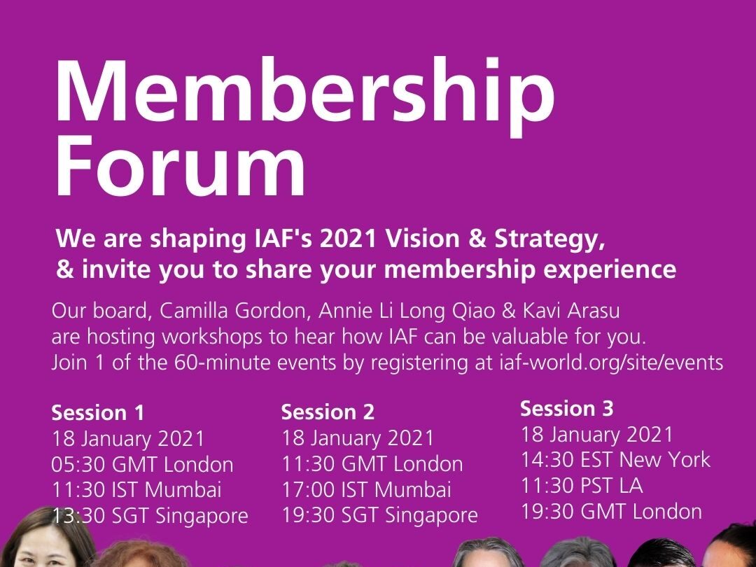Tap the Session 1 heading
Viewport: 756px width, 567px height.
[x=98, y=413]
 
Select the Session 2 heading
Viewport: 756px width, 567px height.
[x=328, y=412]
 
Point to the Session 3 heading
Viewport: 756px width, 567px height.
[x=566, y=408]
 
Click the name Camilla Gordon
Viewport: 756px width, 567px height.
[x=234, y=311]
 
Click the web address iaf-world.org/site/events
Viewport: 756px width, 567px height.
[x=612, y=362]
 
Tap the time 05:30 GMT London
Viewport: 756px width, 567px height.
[x=143, y=465]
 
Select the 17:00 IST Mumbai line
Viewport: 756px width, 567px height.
[x=366, y=490]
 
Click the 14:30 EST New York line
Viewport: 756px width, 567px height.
[x=615, y=459]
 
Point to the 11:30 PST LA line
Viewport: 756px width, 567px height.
[x=582, y=486]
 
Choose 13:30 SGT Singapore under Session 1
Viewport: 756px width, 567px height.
[x=150, y=516]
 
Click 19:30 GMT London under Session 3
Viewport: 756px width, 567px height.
[x=611, y=512]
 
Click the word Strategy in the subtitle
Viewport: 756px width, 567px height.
[x=549, y=239]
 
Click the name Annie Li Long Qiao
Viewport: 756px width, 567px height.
[x=407, y=311]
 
